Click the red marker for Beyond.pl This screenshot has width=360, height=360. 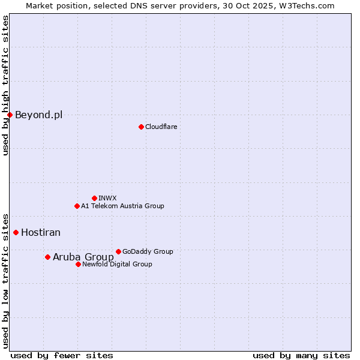(10, 115)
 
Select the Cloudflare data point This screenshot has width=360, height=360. (141, 127)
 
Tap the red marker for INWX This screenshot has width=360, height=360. (94, 198)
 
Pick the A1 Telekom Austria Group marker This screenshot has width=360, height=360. (77, 206)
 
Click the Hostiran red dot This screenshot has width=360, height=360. (16, 232)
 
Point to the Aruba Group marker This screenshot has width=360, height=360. (47, 257)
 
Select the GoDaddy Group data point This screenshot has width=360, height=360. (118, 251)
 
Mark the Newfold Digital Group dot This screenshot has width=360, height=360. (78, 264)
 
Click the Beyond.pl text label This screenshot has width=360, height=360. (38, 115)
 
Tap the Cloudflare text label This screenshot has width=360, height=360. (161, 127)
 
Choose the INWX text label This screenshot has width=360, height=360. (107, 198)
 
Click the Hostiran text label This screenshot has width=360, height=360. (41, 232)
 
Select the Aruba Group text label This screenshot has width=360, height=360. (83, 257)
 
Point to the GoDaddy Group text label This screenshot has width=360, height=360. (148, 251)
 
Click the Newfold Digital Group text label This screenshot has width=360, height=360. (117, 264)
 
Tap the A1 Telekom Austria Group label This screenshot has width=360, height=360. (122, 206)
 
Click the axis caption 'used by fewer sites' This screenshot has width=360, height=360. (62, 355)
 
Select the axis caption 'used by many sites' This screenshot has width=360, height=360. (301, 355)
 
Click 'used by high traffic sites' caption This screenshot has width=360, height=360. (5, 85)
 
